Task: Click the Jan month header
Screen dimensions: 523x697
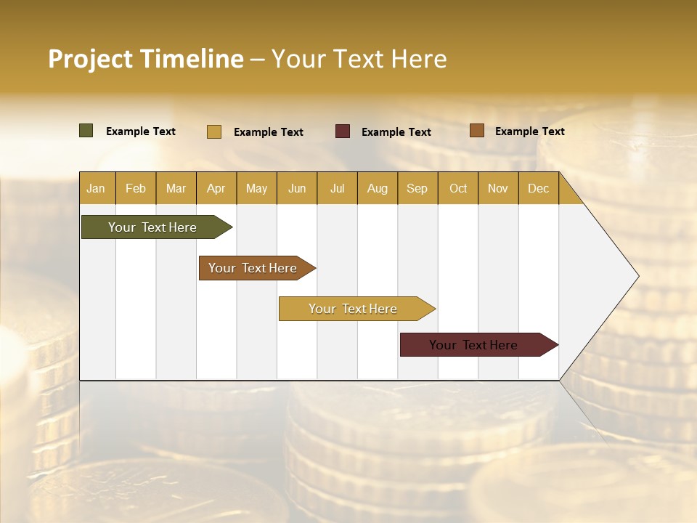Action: coord(97,188)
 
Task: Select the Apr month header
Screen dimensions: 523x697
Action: coord(216,188)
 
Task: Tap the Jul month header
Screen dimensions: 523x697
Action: coord(337,188)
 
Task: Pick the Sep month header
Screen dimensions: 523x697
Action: coord(417,188)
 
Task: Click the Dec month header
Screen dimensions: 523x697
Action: coord(538,188)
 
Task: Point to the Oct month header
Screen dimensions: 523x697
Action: coord(458,188)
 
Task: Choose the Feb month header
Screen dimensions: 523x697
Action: coord(136,188)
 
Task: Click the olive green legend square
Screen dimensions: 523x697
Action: coord(86,131)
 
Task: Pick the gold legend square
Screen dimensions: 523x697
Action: coord(214,131)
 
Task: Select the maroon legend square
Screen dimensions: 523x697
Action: coord(343,131)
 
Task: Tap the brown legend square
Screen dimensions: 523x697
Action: coord(477,131)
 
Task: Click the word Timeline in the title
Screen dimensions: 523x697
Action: coord(191,59)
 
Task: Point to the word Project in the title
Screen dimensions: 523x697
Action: coord(90,59)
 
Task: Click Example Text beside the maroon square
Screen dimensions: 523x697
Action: coord(396,132)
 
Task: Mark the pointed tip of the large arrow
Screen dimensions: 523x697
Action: coord(637,276)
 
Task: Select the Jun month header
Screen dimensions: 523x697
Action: coord(297,188)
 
